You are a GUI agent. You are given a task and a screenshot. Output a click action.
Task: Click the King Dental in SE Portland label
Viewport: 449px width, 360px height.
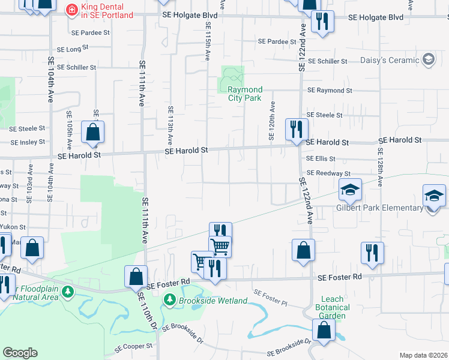click(106, 10)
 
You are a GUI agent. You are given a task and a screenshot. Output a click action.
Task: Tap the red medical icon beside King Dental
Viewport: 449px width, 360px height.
click(71, 10)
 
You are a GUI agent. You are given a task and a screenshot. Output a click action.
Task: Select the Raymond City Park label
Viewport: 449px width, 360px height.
click(245, 94)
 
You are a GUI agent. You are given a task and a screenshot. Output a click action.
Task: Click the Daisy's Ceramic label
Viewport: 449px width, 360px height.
click(390, 60)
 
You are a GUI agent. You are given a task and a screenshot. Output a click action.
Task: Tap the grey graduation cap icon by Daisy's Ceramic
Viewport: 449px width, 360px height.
click(428, 59)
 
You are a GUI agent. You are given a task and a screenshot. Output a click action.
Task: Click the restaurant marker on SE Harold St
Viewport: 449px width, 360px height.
click(297, 130)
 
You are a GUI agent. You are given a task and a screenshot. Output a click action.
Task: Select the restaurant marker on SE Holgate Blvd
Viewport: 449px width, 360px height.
click(323, 22)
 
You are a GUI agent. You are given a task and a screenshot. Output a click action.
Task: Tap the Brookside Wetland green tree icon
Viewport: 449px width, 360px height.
click(170, 299)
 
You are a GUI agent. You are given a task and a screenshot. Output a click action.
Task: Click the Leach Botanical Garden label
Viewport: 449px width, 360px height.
click(333, 307)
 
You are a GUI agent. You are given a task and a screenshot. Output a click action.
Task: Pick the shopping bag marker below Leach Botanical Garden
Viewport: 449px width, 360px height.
click(324, 331)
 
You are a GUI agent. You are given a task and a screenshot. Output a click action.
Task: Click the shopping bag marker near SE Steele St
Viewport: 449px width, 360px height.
click(93, 133)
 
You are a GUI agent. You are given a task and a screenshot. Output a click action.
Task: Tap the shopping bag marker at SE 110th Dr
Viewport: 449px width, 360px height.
click(136, 277)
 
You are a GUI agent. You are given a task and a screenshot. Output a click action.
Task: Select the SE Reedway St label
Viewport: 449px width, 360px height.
click(328, 173)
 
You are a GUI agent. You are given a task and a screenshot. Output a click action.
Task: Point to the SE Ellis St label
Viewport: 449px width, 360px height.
click(320, 159)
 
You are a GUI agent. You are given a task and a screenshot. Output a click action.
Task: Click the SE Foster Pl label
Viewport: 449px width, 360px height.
click(270, 297)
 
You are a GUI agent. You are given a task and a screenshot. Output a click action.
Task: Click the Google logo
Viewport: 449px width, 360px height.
click(20, 353)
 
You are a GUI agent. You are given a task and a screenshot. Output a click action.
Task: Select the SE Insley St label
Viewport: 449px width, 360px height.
click(28, 142)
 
